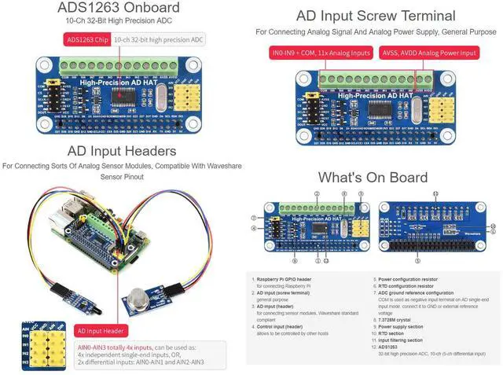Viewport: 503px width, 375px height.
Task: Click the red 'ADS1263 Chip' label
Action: coord(86,39)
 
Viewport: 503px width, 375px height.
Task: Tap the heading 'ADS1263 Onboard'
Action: coord(118,9)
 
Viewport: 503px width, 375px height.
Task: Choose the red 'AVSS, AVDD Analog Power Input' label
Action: coord(428,53)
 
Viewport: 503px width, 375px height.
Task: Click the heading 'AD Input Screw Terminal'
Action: coord(375,16)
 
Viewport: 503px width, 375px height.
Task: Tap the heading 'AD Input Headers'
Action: coord(121,151)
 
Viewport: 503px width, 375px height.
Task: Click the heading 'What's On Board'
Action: coord(373,177)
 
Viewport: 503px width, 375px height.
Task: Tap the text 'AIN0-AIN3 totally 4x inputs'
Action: coord(115,347)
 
